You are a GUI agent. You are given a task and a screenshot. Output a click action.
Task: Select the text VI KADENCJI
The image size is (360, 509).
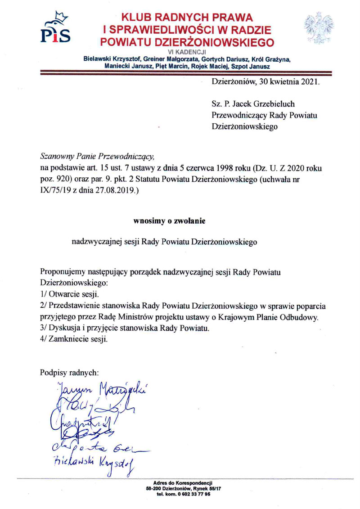[187, 53]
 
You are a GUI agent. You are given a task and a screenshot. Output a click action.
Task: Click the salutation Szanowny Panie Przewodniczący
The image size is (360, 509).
[97, 157]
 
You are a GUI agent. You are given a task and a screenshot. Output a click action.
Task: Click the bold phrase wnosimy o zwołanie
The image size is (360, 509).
[169, 221]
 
